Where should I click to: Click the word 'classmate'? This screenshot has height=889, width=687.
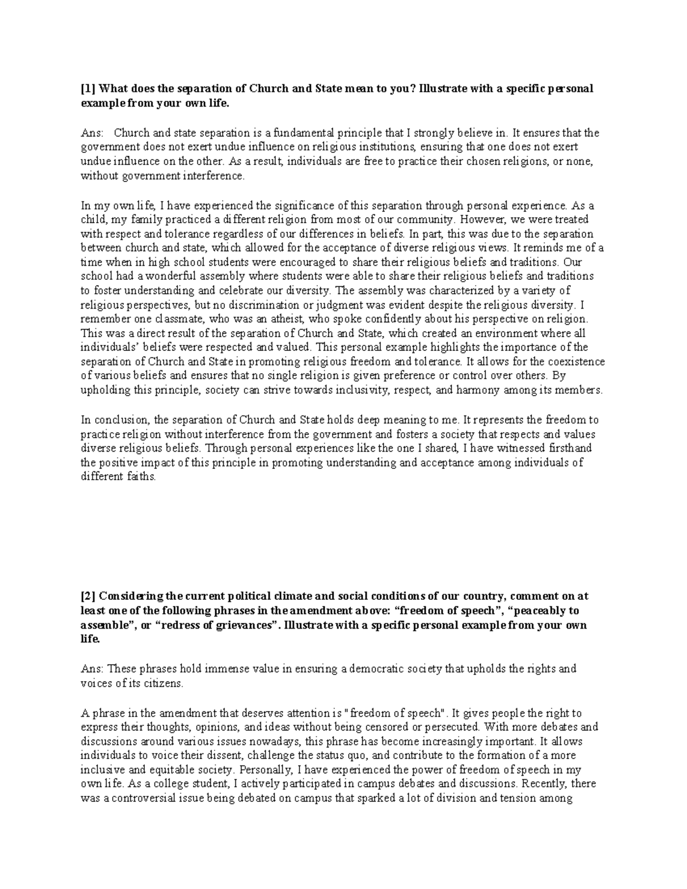pos(173,319)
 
